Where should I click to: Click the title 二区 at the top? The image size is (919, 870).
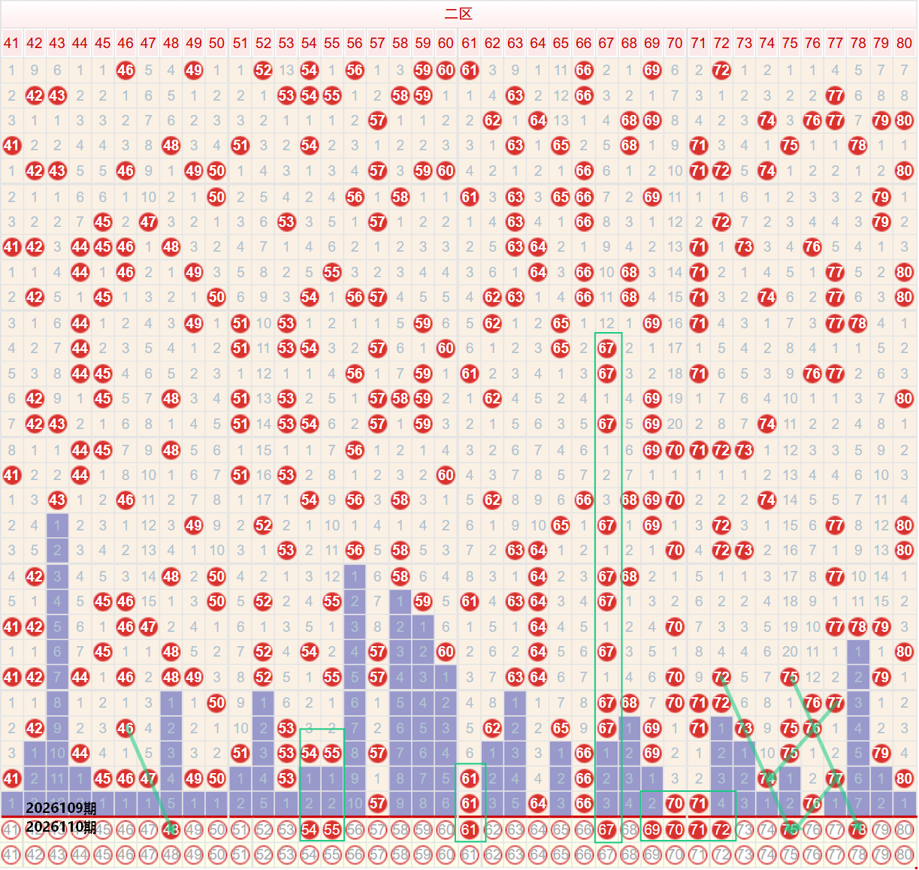coord(458,14)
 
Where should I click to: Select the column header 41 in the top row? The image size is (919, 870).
coord(11,43)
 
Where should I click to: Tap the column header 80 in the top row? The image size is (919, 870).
coord(904,43)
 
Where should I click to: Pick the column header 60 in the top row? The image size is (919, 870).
coord(446,43)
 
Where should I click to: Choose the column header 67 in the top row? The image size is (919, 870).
coord(606,43)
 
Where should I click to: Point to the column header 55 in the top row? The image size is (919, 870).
coord(332,43)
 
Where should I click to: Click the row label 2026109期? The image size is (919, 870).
coord(61,808)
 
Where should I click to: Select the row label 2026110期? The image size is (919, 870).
coord(61,827)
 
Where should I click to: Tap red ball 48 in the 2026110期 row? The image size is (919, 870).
coord(171,830)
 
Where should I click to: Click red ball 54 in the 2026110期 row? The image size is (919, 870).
coord(309,830)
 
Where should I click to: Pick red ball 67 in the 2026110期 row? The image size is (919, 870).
coord(606,830)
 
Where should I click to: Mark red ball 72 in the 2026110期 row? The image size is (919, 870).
coord(721,830)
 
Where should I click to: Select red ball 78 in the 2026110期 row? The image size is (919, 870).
coord(858,830)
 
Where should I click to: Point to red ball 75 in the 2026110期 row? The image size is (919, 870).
coord(790,830)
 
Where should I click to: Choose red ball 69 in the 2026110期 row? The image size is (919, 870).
coord(652,830)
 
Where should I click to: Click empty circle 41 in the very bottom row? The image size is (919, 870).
coord(11,854)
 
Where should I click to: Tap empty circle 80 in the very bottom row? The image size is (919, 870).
coord(904,854)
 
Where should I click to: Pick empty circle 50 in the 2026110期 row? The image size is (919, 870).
coord(217,830)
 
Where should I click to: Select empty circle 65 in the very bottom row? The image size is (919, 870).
coord(561,854)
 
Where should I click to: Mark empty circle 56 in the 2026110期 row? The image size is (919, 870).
coord(355,830)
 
